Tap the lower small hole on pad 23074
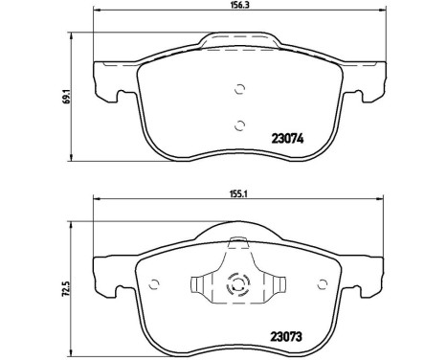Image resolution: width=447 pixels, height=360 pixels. (x=238, y=124)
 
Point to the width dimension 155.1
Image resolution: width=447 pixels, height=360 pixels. (x=239, y=191)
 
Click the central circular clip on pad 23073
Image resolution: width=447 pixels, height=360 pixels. (x=236, y=286)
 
